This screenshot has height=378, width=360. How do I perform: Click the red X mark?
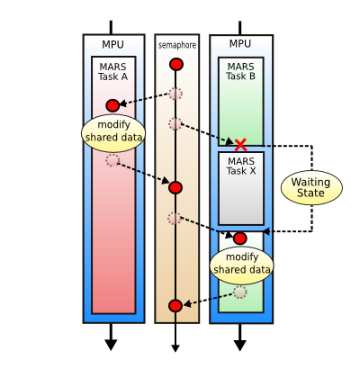(x=240, y=143)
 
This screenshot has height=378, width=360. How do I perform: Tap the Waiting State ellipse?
(x=310, y=187)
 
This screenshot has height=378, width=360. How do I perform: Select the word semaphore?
(x=176, y=45)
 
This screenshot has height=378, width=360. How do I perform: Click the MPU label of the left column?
(x=113, y=44)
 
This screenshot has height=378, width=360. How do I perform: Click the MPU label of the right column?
(x=240, y=44)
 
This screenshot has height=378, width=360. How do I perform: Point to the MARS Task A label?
(x=113, y=71)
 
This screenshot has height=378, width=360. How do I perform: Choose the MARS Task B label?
(x=240, y=71)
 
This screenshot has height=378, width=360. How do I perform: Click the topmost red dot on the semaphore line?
(x=176, y=64)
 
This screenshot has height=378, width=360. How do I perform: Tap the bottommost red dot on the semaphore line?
(x=175, y=306)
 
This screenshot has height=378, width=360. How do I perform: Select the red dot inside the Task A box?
(x=112, y=105)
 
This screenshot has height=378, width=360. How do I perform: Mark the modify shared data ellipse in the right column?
(x=240, y=263)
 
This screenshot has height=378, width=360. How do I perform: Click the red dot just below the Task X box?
(x=239, y=238)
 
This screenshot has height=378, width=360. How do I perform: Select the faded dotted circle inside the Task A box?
(x=112, y=160)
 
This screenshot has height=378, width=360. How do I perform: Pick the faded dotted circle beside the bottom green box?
(x=240, y=292)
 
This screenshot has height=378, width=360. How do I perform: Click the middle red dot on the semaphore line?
(x=175, y=187)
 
